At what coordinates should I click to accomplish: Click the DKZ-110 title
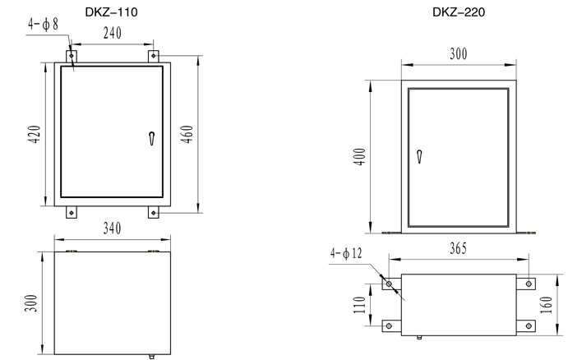(111, 12)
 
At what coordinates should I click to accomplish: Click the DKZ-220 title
(458, 12)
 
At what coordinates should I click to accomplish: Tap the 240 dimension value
(113, 33)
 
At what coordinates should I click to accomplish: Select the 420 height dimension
(35, 134)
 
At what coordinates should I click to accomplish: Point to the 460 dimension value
(187, 134)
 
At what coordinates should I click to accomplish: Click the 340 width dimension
(112, 228)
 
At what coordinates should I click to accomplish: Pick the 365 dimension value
(458, 248)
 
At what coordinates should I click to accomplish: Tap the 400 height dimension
(359, 156)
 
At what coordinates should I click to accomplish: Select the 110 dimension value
(359, 305)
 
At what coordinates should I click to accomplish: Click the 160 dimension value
(547, 305)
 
